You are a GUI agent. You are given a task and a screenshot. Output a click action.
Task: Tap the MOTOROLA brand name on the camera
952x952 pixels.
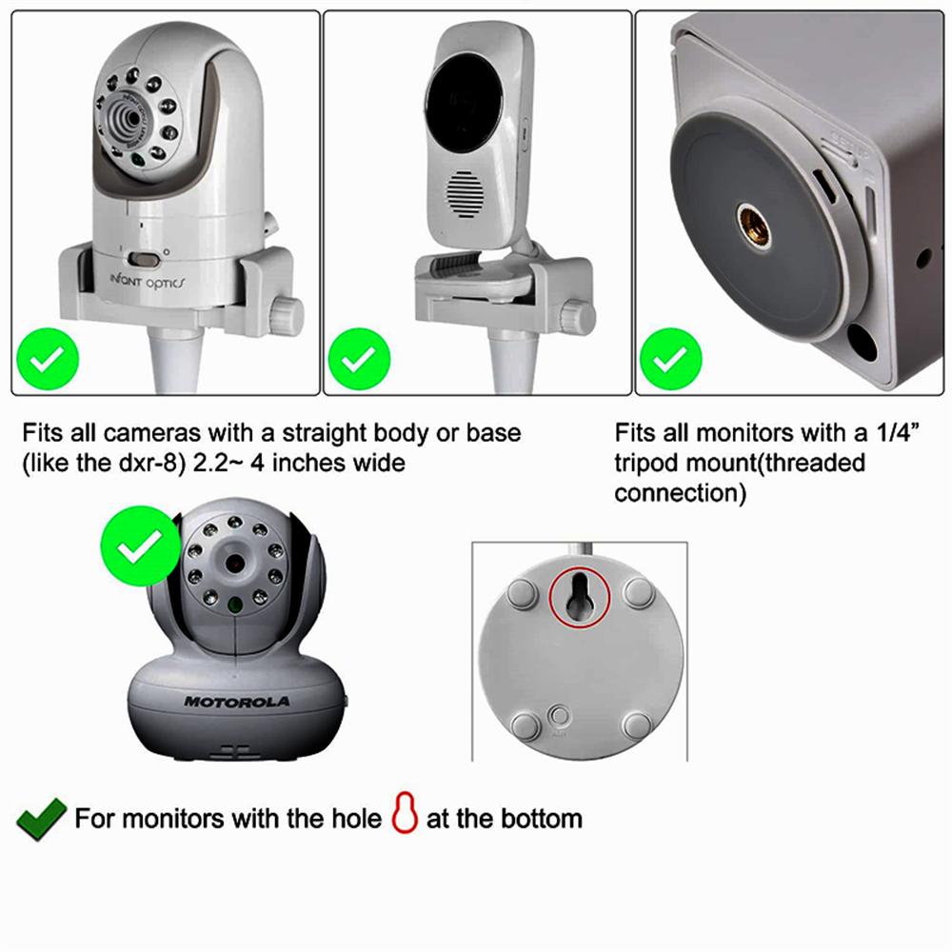237,702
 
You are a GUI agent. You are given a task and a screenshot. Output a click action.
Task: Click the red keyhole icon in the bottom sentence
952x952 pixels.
405,818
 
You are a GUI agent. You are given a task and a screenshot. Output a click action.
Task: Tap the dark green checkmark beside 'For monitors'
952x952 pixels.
41,818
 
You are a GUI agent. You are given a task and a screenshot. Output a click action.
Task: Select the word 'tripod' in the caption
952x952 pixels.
648,464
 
